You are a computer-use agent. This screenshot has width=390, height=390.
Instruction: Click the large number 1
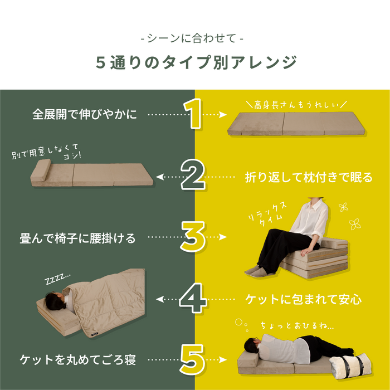click(193, 114)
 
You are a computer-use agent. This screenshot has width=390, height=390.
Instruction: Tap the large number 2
click(193, 174)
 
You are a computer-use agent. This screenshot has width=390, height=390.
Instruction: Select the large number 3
click(193, 236)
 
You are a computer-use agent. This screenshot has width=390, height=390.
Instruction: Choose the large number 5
click(192, 359)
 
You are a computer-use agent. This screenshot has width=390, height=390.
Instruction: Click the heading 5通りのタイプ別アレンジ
click(197, 62)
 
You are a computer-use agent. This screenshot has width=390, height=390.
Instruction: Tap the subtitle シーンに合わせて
click(192, 38)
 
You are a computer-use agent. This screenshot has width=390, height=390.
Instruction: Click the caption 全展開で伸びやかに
click(85, 114)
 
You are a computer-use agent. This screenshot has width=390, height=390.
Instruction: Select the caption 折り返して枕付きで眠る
click(309, 177)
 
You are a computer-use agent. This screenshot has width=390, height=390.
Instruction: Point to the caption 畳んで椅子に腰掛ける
click(77, 238)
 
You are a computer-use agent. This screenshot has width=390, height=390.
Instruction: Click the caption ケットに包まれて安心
click(304, 299)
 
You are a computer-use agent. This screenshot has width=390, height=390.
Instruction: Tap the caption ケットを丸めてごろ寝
click(77, 359)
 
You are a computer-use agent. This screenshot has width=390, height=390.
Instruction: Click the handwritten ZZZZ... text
click(57, 279)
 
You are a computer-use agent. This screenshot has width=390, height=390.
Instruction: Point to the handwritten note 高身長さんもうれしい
click(296, 105)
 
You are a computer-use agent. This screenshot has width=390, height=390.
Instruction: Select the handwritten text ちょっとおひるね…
click(297, 325)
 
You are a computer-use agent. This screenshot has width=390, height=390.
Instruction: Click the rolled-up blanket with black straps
click(351, 366)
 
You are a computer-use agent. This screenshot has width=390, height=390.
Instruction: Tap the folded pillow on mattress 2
click(41, 170)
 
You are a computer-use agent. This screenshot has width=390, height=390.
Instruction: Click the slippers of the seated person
click(255, 271)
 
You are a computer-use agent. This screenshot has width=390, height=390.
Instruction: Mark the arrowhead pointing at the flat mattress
click(223, 115)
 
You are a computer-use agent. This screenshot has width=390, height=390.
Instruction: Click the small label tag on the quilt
click(95, 334)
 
